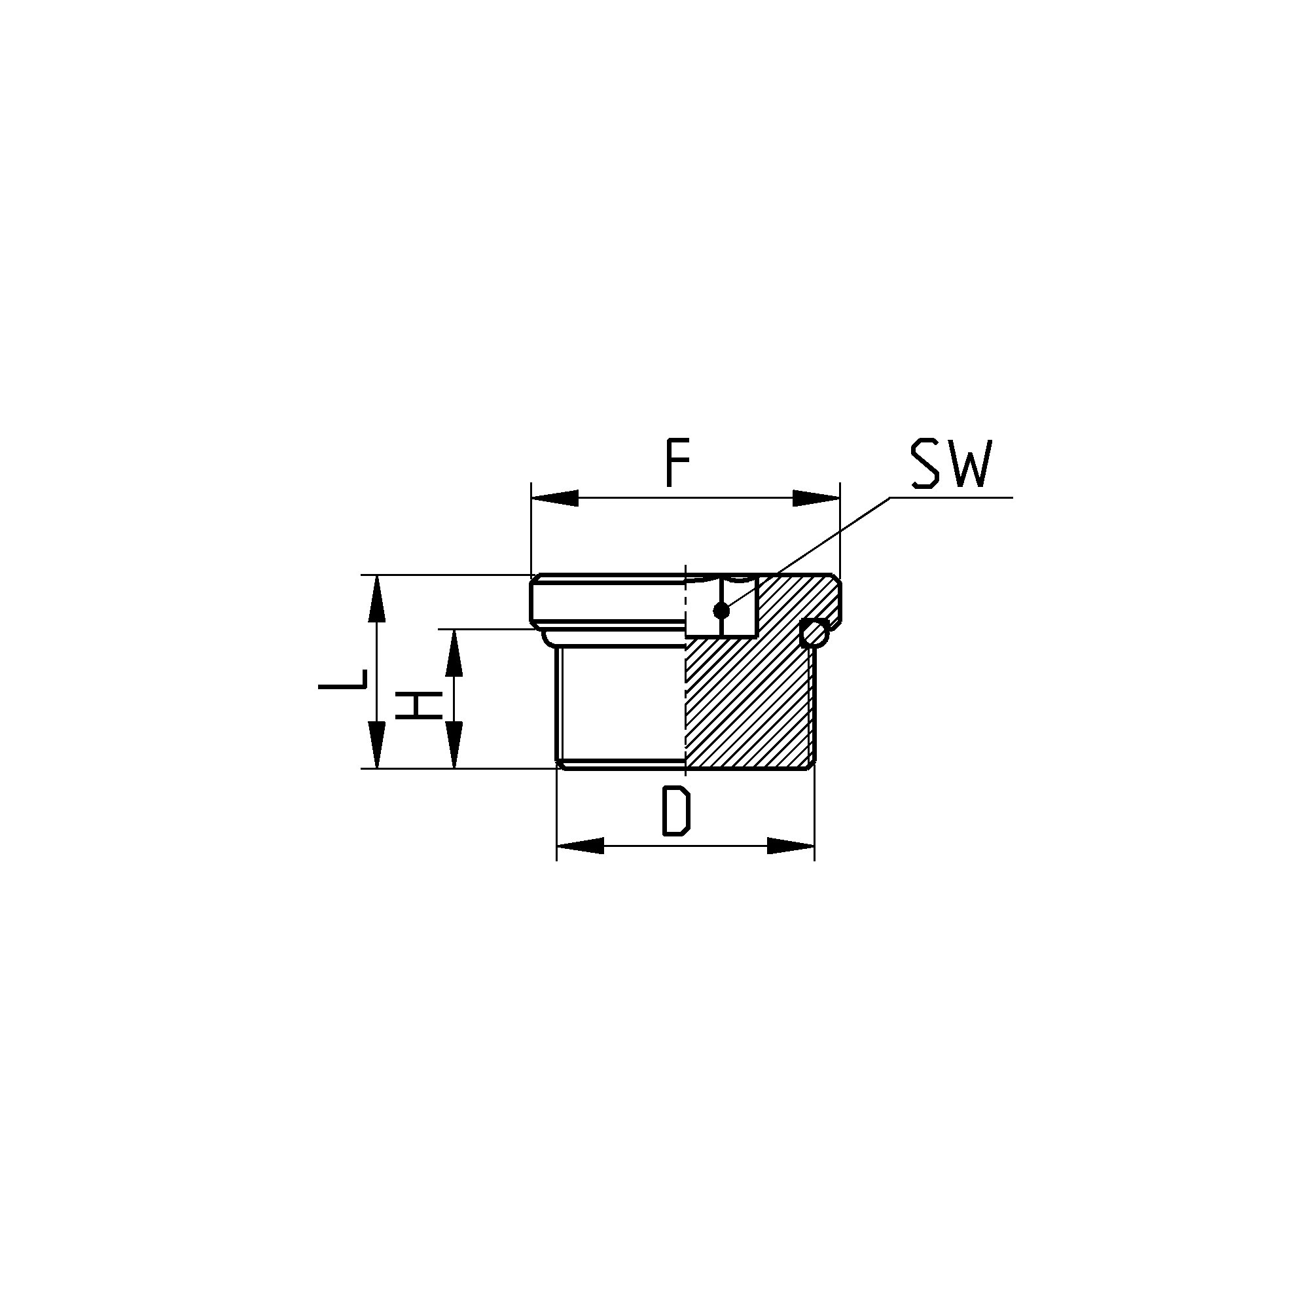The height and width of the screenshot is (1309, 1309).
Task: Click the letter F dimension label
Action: tap(677, 464)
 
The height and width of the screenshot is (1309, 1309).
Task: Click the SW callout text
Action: tap(950, 464)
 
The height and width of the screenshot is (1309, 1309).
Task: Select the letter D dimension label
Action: tap(676, 811)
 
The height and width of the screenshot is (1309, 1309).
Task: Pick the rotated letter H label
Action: tap(420, 706)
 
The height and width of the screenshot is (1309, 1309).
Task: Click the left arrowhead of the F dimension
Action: tap(555, 498)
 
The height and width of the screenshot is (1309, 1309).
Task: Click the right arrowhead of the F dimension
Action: tap(816, 498)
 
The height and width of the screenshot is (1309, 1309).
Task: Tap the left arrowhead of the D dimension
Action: tap(580, 846)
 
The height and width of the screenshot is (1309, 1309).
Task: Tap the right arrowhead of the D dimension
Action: tap(791, 846)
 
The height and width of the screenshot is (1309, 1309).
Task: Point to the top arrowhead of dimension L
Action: tap(377, 598)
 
